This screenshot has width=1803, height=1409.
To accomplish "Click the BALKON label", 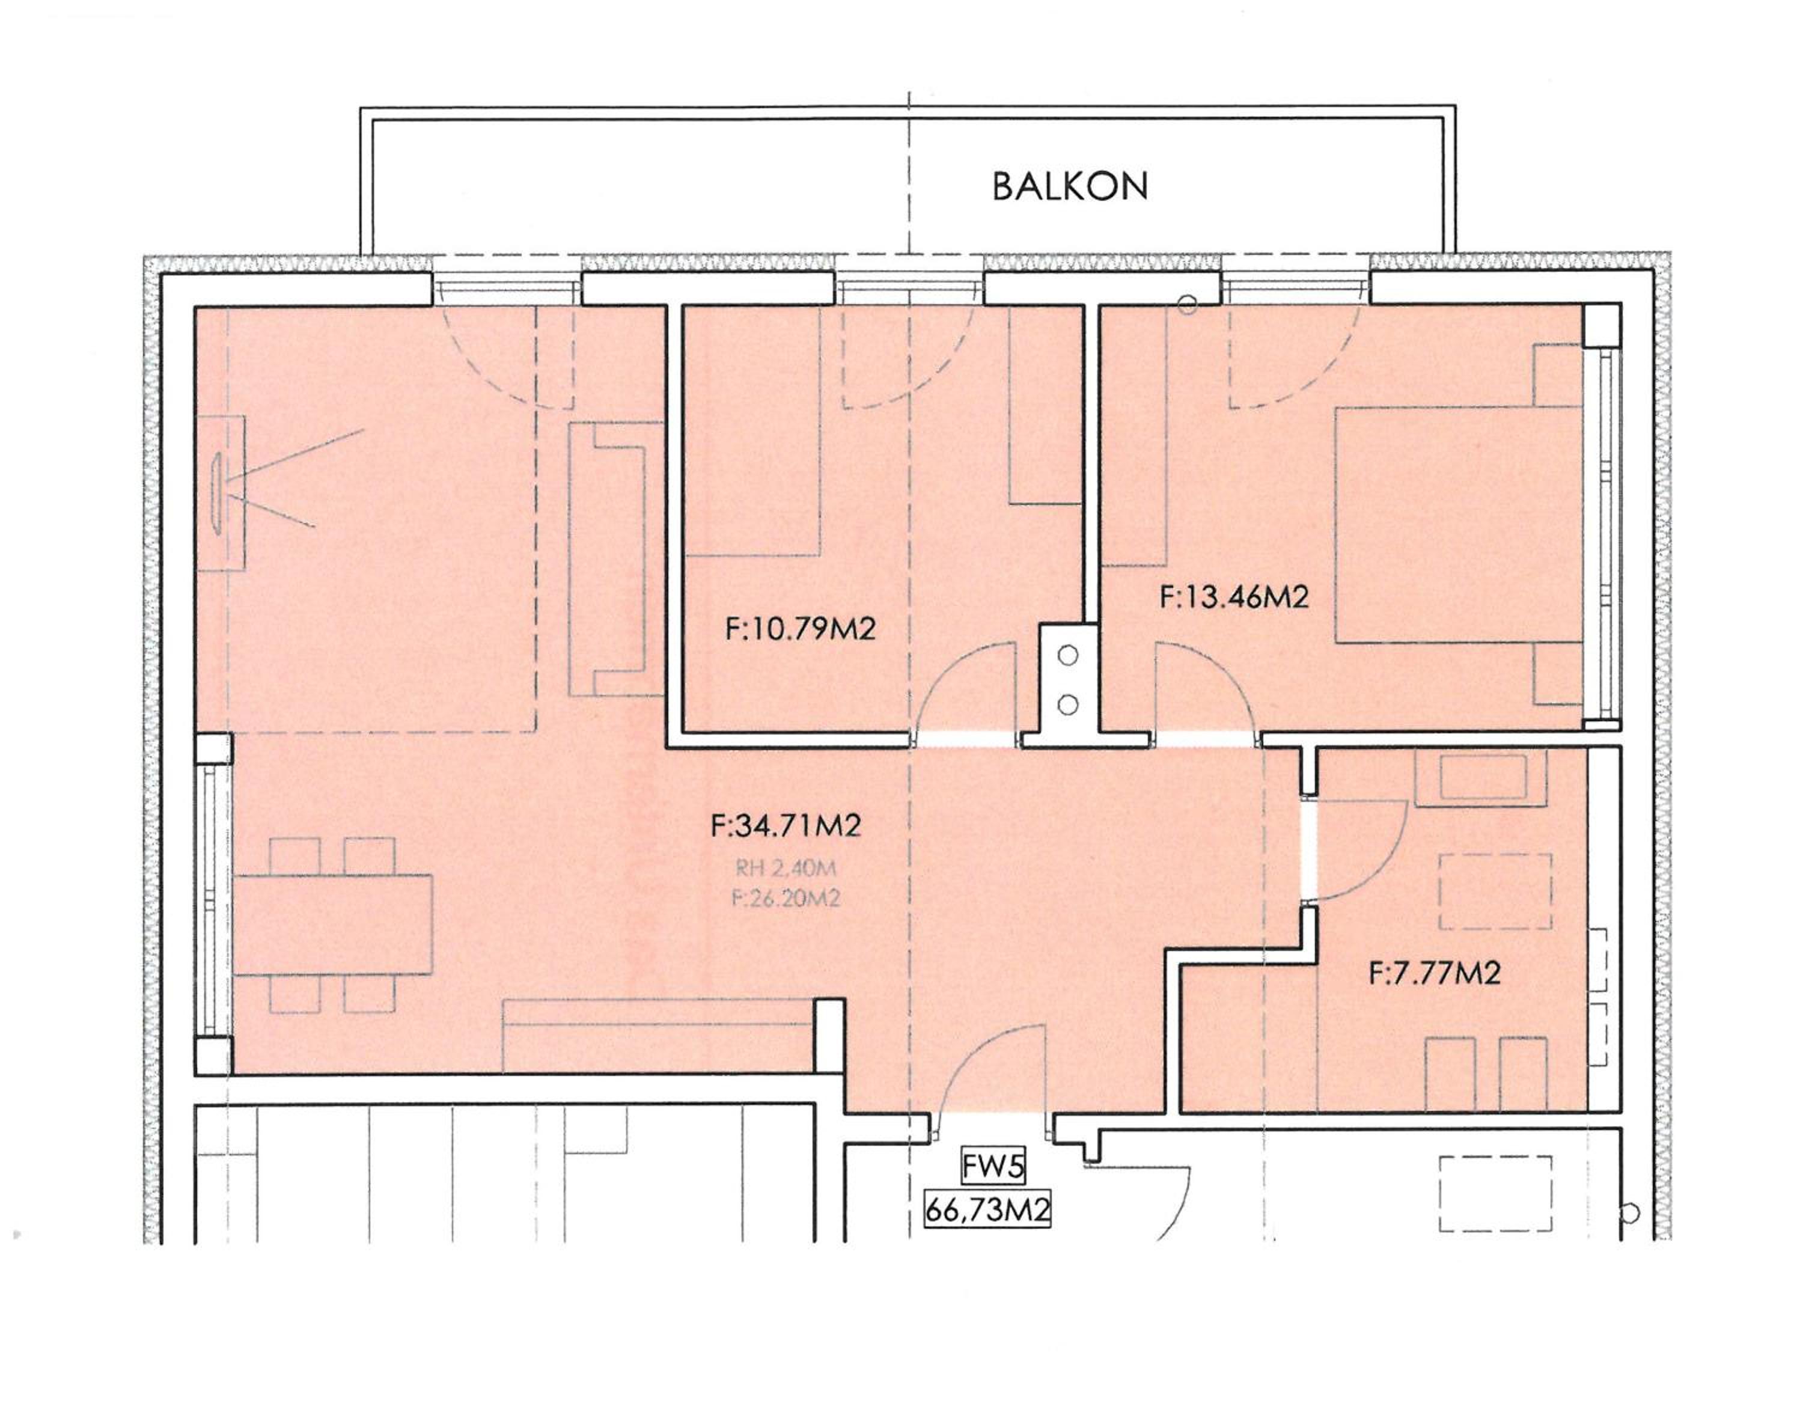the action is coord(1069,187).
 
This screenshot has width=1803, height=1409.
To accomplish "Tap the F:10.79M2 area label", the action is coord(800,630).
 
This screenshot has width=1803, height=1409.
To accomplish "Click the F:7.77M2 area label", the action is coord(1434,974).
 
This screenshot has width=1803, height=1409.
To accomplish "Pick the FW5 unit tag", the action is coord(993,1167).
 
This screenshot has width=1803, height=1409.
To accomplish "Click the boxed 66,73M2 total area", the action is coord(987,1211).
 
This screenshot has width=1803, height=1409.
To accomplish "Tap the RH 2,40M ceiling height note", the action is coord(785,868).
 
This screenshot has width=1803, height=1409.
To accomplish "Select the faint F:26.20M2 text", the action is coord(785,898).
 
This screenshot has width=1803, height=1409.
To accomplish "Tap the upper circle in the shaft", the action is coord(1068,656).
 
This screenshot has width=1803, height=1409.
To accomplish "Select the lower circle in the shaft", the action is coord(1068,704).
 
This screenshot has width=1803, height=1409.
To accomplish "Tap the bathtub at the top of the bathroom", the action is coord(1481,778).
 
